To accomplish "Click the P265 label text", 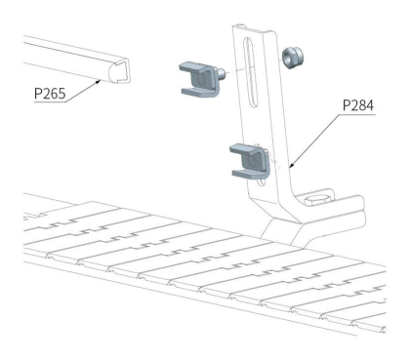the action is [x=50, y=94].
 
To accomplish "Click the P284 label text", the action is [x=358, y=105].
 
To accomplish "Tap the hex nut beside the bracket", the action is [x=293, y=58].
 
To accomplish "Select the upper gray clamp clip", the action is [x=200, y=79].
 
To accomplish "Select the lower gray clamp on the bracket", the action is [x=249, y=161].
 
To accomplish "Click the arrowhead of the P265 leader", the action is [x=98, y=81].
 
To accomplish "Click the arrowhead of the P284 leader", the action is [x=291, y=166].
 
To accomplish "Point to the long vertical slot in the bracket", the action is [x=250, y=71].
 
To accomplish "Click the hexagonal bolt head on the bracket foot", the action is [x=318, y=200].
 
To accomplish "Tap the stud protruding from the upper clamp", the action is [x=222, y=73].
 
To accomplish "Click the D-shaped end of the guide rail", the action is [x=118, y=70].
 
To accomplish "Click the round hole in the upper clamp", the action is [x=201, y=79].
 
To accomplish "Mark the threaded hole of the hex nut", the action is [x=287, y=57].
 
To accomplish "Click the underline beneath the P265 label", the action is [x=51, y=102].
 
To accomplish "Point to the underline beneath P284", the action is [x=357, y=114].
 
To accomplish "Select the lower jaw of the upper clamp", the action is [x=197, y=92].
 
